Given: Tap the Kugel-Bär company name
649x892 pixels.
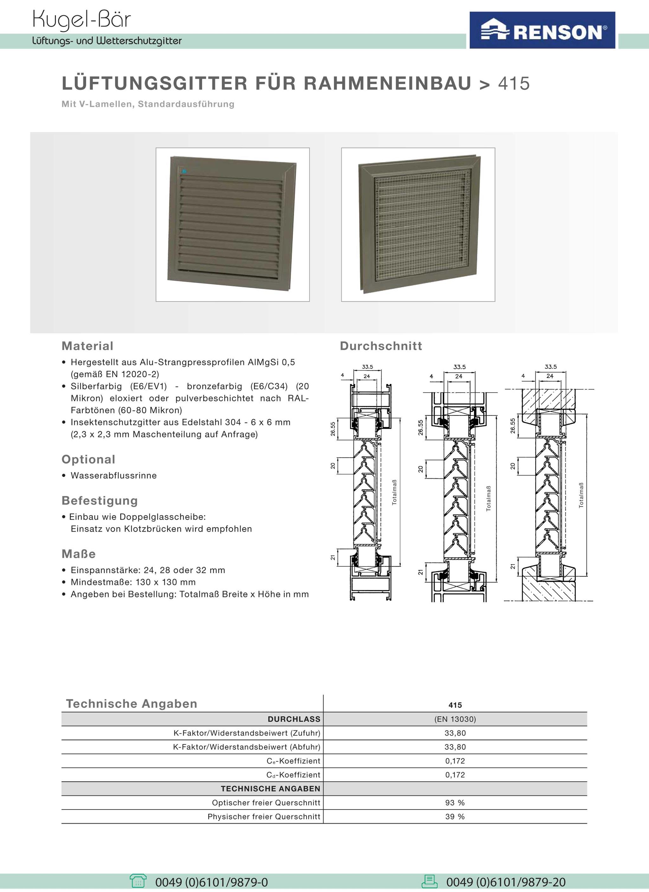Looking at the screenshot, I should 81,19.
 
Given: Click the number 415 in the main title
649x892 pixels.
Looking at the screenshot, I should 513,83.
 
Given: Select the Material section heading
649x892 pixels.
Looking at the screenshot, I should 87,346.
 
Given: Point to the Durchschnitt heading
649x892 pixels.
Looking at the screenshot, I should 381,346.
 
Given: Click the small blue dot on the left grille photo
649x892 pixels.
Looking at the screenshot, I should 184,172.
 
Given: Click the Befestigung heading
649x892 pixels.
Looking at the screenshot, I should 100,500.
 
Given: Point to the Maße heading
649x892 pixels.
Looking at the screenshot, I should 79,554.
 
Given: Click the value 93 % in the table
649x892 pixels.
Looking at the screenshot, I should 455,802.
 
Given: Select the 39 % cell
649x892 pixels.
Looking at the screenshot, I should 455,817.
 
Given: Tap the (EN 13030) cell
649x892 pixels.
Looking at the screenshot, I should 455,719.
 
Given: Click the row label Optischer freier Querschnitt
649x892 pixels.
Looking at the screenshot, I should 266,802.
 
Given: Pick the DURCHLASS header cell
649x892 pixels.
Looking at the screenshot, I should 294,719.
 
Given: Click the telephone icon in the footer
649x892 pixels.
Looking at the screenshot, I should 138,881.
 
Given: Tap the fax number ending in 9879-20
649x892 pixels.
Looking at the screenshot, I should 505,882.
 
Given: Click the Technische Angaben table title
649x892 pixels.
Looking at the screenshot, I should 131,704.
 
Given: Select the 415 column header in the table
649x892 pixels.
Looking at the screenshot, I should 455,705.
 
